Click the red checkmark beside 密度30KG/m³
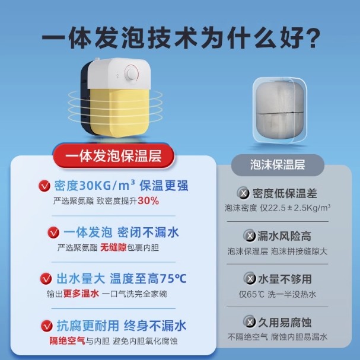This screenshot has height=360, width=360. (x=43, y=186)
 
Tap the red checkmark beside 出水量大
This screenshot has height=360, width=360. (x=43, y=278)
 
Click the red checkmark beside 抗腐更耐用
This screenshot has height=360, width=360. (x=43, y=326)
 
